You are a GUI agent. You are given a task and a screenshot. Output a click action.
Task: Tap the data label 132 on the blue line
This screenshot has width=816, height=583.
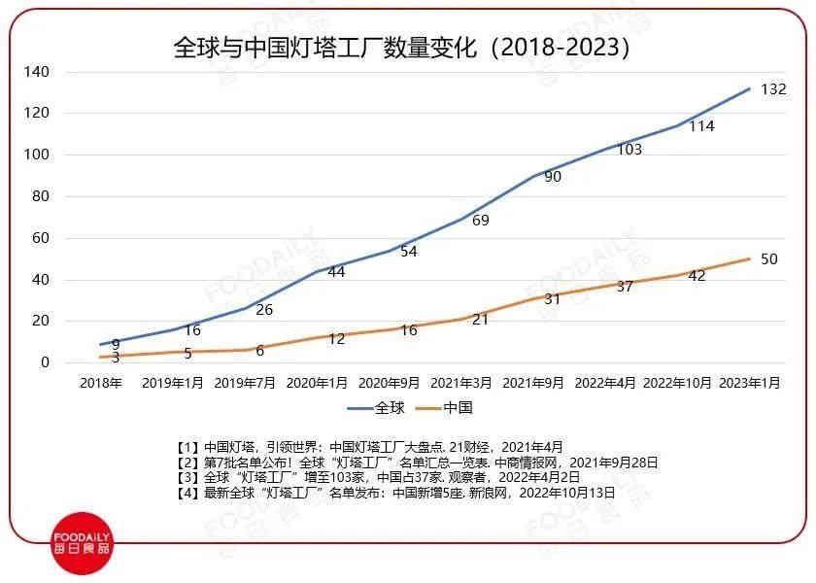click(x=773, y=89)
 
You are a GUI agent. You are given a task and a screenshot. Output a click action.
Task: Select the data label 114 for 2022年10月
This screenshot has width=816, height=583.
click(x=701, y=126)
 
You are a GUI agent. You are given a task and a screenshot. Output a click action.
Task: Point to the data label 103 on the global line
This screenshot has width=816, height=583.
click(x=629, y=150)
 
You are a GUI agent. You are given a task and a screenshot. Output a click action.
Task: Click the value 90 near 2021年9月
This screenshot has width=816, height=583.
click(x=553, y=177)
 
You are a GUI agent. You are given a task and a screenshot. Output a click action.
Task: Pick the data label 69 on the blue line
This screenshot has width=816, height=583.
click(x=480, y=221)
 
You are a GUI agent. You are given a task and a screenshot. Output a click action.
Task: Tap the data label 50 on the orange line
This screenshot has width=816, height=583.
click(x=769, y=258)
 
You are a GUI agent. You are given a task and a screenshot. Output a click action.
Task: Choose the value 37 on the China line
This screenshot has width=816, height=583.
click(x=625, y=287)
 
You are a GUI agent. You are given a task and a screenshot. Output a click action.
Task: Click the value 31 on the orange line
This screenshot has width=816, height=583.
click(x=553, y=299)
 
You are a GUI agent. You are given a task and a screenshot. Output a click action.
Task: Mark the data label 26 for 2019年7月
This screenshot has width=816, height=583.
click(x=264, y=310)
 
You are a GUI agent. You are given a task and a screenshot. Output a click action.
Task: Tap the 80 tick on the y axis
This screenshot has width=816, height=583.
click(x=40, y=196)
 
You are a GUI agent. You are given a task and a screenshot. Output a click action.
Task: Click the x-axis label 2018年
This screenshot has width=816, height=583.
click(x=101, y=384)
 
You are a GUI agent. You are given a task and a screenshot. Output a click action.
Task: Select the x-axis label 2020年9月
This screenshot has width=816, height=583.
click(x=390, y=384)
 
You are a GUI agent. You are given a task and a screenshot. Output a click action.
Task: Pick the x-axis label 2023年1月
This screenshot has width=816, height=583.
click(x=749, y=384)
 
